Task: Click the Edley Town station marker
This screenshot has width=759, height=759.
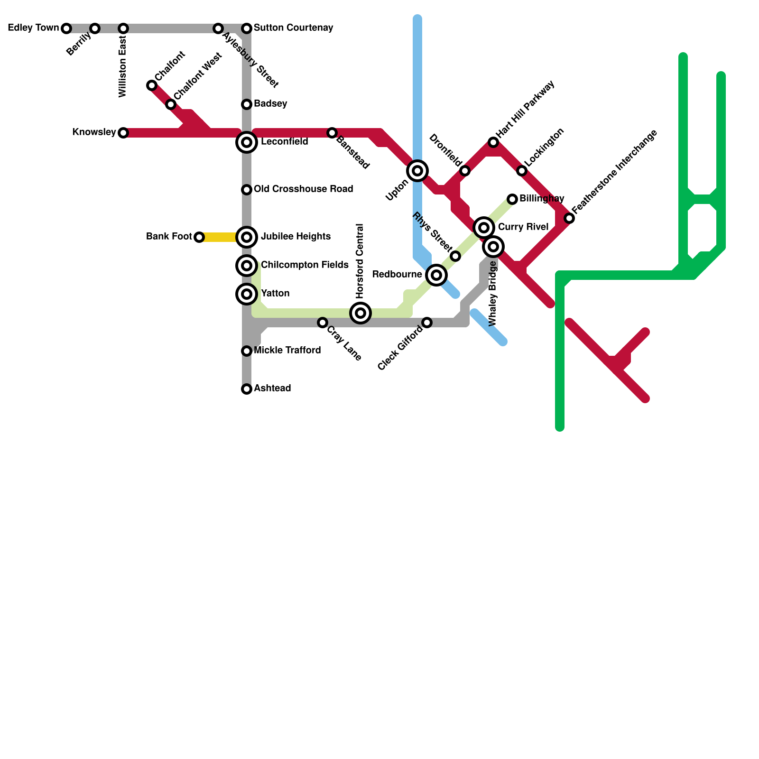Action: coord(66,28)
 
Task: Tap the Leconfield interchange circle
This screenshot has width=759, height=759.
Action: coord(247,142)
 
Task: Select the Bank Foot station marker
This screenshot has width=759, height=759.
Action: coord(199,237)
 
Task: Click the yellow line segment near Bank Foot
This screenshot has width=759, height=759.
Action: coord(218,237)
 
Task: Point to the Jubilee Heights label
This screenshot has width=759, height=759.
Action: coord(296,236)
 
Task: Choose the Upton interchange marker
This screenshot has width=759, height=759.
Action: coord(417,171)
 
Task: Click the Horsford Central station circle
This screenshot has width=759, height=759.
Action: coord(361,313)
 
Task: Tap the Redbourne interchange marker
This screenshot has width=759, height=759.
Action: coord(436,275)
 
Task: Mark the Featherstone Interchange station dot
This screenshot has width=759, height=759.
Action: coord(569,218)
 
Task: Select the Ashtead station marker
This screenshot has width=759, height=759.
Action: coord(247,389)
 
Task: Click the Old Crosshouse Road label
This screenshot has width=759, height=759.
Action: coord(303,189)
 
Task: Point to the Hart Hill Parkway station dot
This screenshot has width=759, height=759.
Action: coord(493,142)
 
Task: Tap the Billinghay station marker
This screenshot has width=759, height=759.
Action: coord(512,199)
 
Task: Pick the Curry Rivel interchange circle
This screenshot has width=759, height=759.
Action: coord(484,228)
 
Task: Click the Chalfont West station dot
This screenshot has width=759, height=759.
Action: coord(171,104)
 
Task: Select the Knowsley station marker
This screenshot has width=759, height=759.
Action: coord(123,133)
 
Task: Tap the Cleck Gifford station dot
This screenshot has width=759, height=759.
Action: coord(427,323)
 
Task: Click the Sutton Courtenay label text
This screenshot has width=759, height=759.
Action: coord(293,28)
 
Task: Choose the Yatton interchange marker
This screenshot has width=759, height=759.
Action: coord(247,294)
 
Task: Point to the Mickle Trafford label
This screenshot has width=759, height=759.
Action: coord(287,350)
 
